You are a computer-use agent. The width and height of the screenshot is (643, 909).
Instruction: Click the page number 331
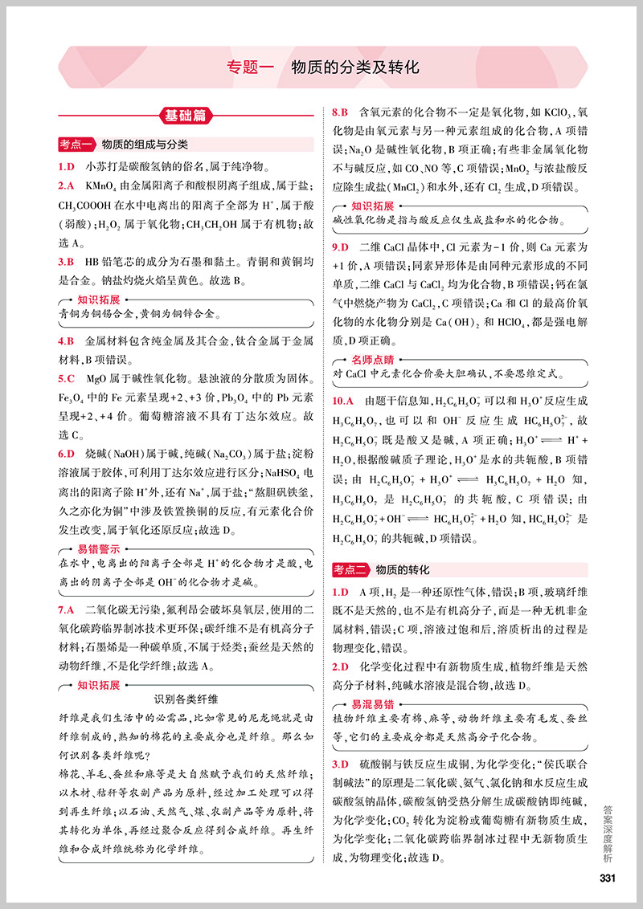pos(607,877)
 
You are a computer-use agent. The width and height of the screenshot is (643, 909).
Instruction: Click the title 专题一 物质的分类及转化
pos(323,67)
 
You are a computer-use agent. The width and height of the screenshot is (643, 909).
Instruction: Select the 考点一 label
pos(77,145)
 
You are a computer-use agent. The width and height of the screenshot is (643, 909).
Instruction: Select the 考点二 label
pos(350,570)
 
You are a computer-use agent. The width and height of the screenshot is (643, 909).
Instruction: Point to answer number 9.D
pos(341,247)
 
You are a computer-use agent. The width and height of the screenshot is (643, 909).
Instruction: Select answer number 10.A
pos(344,400)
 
